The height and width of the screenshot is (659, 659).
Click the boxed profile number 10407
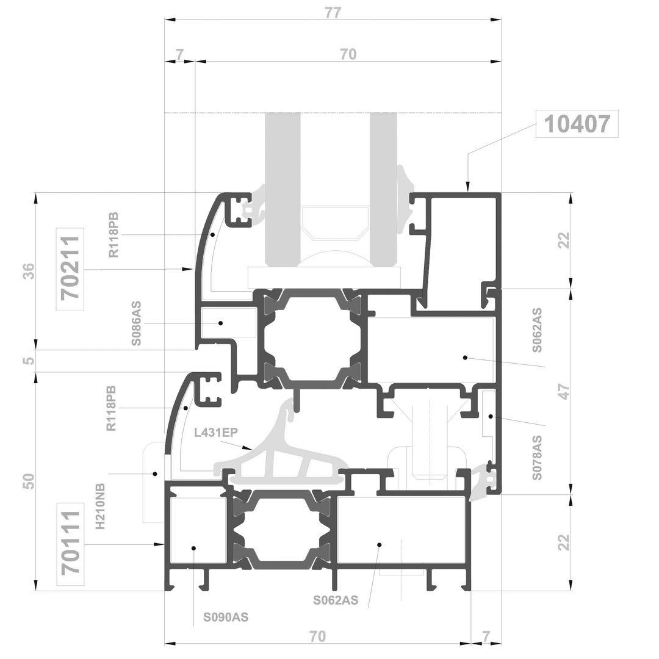tap(577, 124)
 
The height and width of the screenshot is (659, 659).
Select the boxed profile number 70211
tap(70, 269)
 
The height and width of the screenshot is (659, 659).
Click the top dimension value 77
tap(333, 13)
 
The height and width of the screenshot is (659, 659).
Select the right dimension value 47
tap(564, 391)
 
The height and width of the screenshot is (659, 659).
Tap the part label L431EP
tap(216, 432)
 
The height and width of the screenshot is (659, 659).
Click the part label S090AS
tap(226, 617)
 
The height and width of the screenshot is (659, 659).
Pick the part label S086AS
tap(136, 323)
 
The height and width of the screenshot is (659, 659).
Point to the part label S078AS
tap(537, 458)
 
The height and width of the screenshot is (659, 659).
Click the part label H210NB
tap(100, 506)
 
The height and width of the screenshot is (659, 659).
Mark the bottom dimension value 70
tap(318, 636)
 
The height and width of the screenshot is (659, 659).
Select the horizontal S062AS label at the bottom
tap(336, 600)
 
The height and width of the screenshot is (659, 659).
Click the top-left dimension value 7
tap(179, 54)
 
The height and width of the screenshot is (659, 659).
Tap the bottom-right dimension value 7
tap(486, 636)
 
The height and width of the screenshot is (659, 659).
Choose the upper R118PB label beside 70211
tap(114, 235)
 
